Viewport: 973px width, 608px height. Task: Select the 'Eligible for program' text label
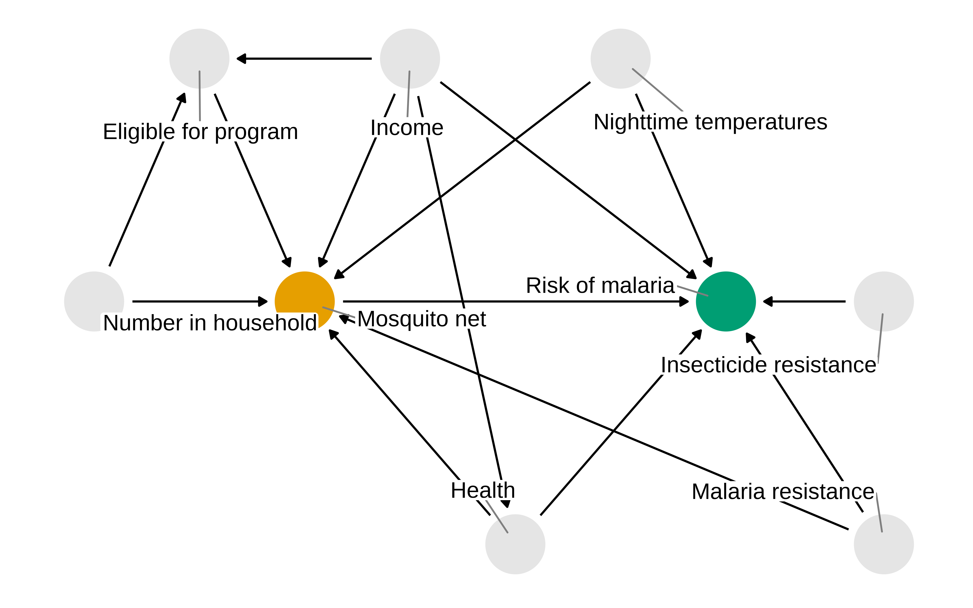click(x=200, y=132)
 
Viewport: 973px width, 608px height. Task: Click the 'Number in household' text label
click(x=210, y=323)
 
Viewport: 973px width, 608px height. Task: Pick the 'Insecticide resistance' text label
click(x=768, y=365)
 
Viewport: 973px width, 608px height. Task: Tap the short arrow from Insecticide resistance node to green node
click(x=804, y=301)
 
